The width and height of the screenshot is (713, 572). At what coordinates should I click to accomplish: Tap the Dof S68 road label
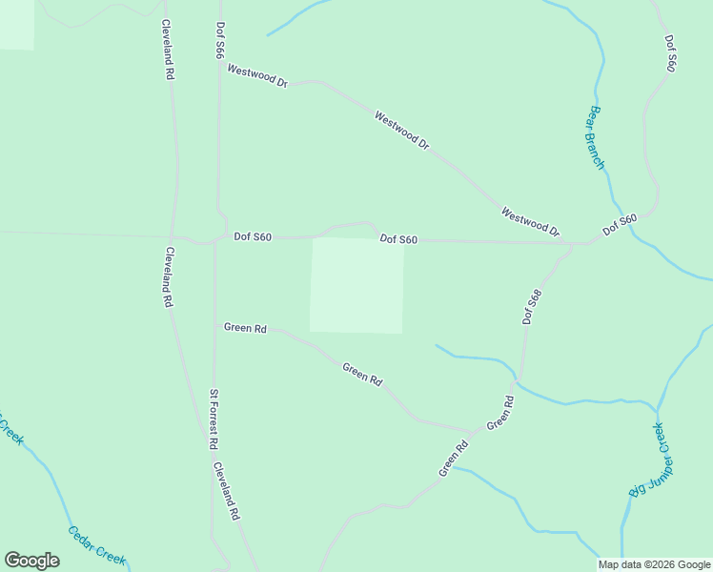point(532,307)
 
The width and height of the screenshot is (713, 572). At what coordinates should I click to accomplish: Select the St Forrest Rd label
point(214,419)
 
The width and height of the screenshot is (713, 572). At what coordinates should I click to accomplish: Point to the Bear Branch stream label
point(595,137)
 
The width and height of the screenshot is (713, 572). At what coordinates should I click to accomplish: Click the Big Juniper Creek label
point(651,460)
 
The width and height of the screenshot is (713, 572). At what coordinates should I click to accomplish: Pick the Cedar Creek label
point(97,545)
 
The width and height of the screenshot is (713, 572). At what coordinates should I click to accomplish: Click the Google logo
point(31,561)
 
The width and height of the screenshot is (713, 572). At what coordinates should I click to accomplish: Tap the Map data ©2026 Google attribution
point(654,564)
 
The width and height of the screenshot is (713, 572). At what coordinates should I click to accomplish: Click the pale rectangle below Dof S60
point(356,285)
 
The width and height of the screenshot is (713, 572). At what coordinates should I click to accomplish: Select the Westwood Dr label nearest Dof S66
point(257,75)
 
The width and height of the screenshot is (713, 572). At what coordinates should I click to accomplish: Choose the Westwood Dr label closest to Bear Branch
point(530,222)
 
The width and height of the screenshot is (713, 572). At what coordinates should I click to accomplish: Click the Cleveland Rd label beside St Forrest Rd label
point(226,491)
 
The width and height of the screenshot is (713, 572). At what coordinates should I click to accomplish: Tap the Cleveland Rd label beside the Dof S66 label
point(168,49)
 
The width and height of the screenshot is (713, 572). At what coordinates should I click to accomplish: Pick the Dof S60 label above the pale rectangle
point(398,239)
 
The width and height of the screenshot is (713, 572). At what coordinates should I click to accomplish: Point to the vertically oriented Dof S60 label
point(671,54)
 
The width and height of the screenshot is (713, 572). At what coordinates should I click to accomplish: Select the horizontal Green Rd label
point(245,328)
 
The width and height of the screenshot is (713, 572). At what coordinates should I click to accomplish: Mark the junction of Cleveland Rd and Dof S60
point(173,235)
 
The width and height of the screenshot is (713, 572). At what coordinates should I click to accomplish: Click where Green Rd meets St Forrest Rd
point(214,327)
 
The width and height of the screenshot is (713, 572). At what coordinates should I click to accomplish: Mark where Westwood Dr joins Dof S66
point(220,64)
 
